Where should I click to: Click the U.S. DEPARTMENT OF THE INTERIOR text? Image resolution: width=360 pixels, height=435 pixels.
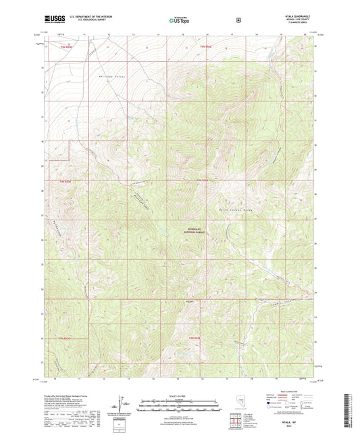92,18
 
